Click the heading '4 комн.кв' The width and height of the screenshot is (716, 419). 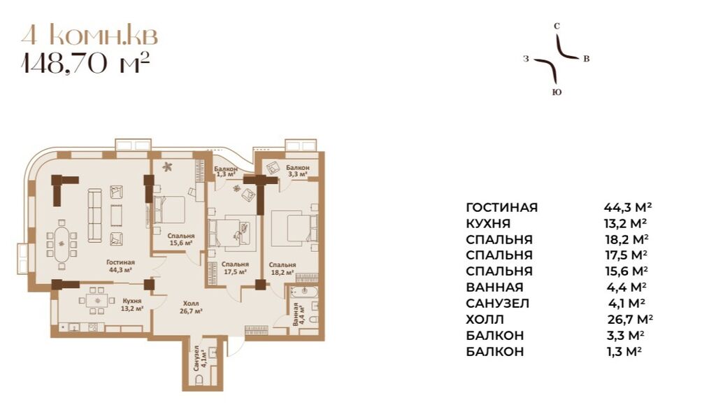(89, 36)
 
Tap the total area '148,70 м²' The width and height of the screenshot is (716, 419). (86, 64)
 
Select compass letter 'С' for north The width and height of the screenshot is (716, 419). (557, 27)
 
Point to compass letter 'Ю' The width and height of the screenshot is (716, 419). (556, 92)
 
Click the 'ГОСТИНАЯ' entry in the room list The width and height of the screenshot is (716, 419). (502, 208)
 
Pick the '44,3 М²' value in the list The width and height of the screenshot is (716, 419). (627, 207)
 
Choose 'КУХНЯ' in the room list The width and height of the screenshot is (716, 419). (488, 223)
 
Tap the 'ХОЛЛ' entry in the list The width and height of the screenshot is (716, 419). (485, 320)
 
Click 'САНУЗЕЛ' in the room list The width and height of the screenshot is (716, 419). (497, 304)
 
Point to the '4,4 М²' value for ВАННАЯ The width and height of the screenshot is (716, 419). (627, 287)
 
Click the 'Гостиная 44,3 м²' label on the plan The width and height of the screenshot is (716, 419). (120, 266)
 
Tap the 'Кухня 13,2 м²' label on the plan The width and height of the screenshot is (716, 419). (132, 305)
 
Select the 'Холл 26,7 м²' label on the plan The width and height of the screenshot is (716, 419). (191, 307)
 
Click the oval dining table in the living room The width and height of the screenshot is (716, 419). (62, 244)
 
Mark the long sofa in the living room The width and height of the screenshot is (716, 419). (94, 215)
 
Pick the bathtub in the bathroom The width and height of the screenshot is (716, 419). (304, 292)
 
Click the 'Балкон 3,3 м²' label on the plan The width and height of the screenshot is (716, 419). (297, 171)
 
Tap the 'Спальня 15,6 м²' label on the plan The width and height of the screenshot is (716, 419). (181, 239)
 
